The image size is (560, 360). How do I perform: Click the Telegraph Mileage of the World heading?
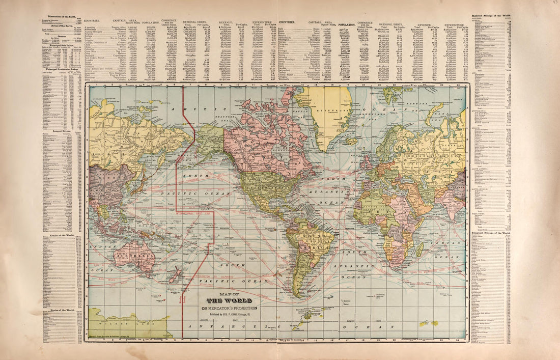pos(491,232)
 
